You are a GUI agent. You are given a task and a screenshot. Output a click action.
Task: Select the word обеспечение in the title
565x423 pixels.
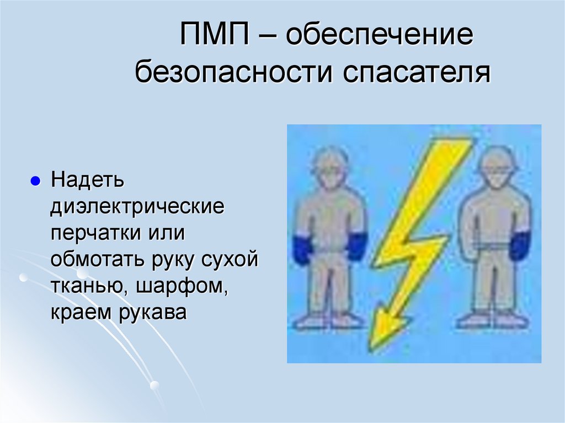point(380,37)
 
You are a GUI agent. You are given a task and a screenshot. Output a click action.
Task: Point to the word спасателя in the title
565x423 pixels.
point(418,73)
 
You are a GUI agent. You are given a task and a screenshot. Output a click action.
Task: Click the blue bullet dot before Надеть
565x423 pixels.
point(35,181)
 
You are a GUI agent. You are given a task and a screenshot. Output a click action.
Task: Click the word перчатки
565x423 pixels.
point(97,234)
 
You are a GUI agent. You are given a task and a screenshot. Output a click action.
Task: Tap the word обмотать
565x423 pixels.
point(97,260)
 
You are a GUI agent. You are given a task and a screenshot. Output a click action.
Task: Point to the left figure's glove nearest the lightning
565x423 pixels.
point(357,246)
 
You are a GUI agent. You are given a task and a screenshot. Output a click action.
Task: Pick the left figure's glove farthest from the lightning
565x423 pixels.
point(302,249)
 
